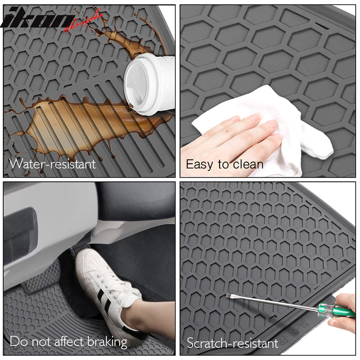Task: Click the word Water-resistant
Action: [53, 163]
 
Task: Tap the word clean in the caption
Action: [248, 164]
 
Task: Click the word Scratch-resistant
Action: [233, 343]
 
